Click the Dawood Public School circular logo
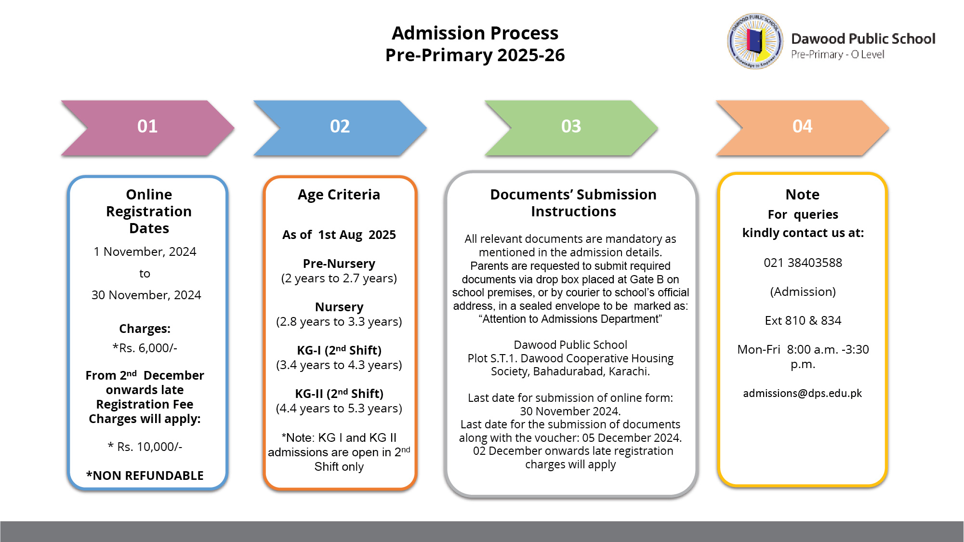point(755,41)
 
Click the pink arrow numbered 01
point(147,127)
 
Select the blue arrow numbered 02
point(340,127)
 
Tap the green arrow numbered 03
point(571,127)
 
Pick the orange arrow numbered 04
point(802,127)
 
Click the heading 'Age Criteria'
point(339,195)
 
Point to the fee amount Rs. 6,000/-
point(145,348)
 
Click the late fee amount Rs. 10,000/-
point(145,447)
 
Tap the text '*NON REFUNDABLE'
point(145,476)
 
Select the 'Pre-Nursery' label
point(339,264)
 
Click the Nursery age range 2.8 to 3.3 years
point(339,322)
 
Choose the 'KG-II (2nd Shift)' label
point(339,394)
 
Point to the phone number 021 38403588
point(803,263)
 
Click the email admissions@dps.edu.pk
point(802,393)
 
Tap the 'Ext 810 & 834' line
point(803,320)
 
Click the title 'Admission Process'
point(475,33)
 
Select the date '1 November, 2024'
point(145,251)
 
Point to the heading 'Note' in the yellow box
point(802,195)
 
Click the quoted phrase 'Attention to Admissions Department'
point(570,319)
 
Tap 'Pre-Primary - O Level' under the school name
point(837,54)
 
